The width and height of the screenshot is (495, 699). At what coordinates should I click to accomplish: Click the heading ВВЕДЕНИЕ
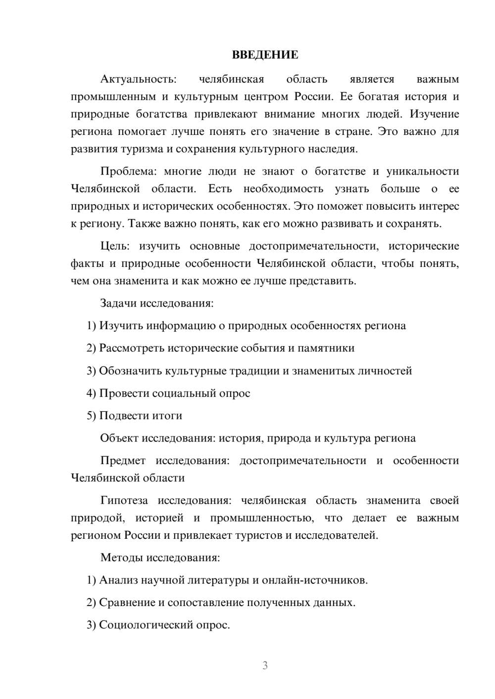coord(265,55)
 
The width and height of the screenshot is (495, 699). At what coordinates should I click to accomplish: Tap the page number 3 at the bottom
coord(265,665)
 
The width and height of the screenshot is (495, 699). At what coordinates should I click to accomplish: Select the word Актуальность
coord(138,79)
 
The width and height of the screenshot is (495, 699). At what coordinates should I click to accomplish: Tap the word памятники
coord(326,348)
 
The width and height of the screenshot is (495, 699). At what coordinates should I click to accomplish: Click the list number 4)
coord(91,393)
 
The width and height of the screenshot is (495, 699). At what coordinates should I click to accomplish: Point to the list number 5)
coord(91,416)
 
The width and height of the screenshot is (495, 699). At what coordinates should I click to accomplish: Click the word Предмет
coord(123,461)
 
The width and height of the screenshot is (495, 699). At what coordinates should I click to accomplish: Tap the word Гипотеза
coord(124,500)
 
